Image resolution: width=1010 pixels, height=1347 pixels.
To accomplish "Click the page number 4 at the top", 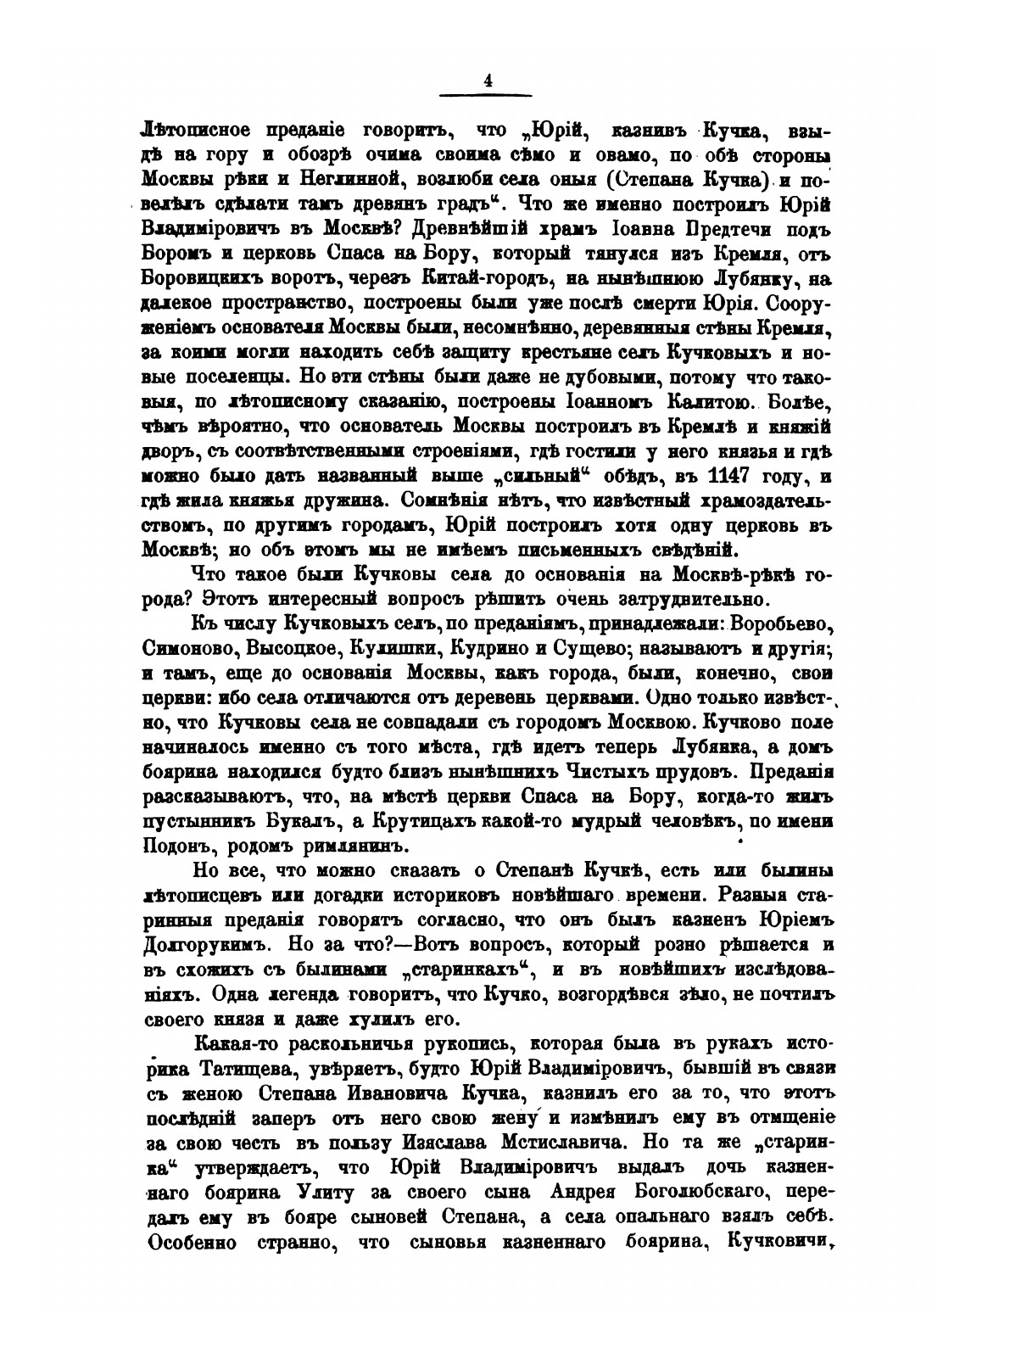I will point(488,81).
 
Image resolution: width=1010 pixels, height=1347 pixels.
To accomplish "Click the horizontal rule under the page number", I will point(487,94).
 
